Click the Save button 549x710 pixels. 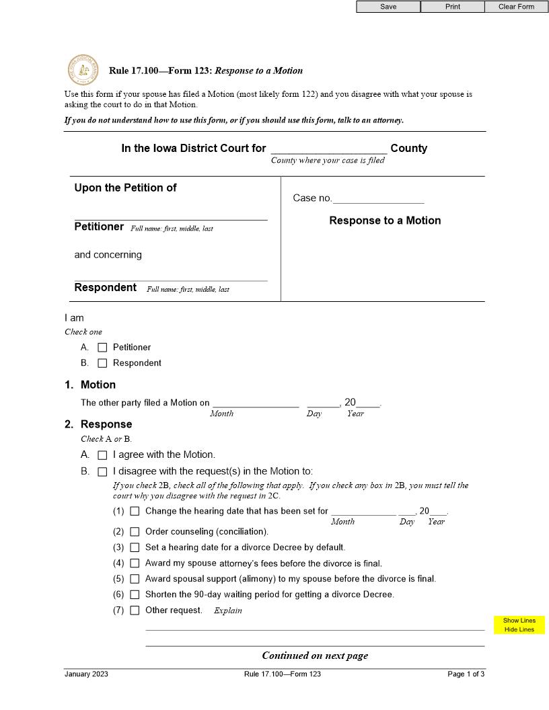click(x=388, y=7)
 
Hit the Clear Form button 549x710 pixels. click(x=516, y=7)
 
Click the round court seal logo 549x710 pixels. click(x=82, y=70)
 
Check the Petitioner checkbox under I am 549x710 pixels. click(x=102, y=348)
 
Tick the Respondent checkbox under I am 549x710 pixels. click(x=102, y=363)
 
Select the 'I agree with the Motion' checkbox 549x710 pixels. click(x=102, y=455)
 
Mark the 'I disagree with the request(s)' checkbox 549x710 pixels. click(x=102, y=471)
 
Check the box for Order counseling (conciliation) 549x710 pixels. click(x=135, y=532)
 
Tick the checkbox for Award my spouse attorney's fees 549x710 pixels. click(x=135, y=563)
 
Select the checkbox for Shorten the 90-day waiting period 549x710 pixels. click(x=135, y=594)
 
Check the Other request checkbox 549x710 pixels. click(x=135, y=610)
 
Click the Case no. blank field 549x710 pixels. click(x=379, y=198)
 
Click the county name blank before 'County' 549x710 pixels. click(x=328, y=148)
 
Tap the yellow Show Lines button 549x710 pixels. click(x=519, y=621)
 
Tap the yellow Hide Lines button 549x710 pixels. click(x=519, y=630)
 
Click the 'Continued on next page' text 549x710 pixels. click(x=315, y=656)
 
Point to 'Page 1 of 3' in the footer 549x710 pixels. click(x=466, y=674)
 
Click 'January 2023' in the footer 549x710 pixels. click(x=86, y=674)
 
